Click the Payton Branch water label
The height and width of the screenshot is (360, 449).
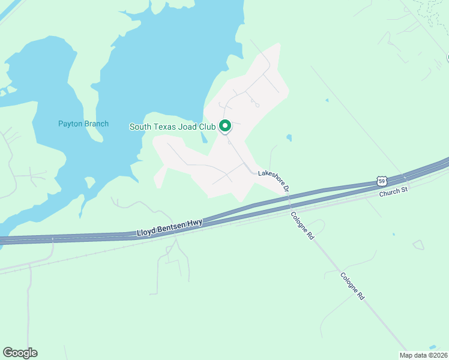pos(83,124)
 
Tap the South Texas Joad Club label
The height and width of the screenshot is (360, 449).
pos(173,127)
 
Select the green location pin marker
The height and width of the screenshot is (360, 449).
pos(225,126)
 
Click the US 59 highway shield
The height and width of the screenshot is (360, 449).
pos(382,181)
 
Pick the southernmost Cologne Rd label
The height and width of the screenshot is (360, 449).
pos(352,287)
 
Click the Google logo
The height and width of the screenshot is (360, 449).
pos(20,353)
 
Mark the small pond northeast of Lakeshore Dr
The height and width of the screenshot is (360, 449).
pos(289,137)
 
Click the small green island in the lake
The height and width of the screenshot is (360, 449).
pos(90,182)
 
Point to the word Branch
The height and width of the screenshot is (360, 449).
pos(96,124)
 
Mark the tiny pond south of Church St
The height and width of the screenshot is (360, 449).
pos(393,234)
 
